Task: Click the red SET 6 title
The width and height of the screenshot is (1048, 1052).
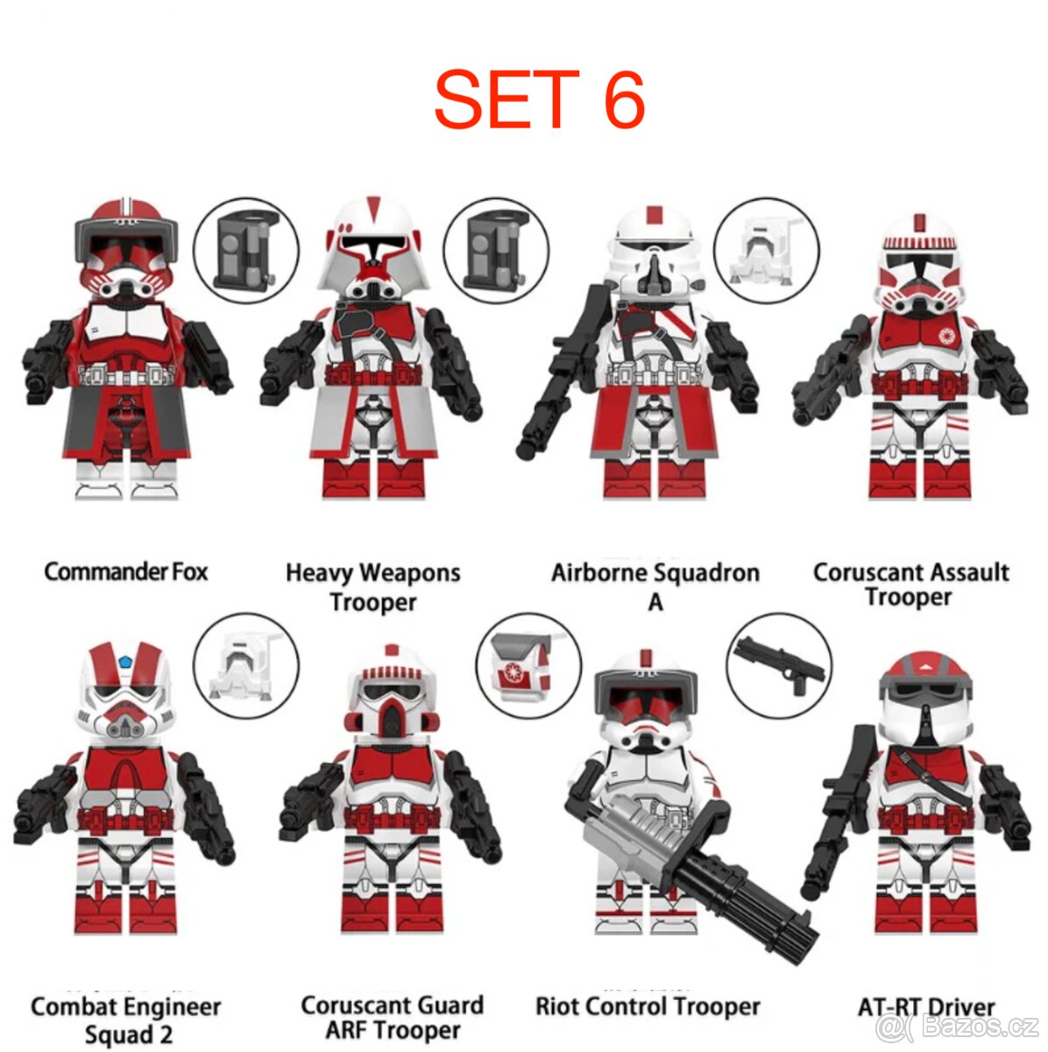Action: (539, 99)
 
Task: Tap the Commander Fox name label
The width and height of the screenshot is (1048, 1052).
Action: (126, 572)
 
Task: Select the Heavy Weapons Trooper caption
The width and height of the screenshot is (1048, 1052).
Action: (373, 587)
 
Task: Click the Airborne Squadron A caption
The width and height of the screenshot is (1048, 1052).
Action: (655, 586)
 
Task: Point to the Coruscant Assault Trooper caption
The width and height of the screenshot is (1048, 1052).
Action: (910, 585)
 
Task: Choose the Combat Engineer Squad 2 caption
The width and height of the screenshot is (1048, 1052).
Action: (126, 1020)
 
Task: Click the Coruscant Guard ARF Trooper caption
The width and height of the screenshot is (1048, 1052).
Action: (392, 1017)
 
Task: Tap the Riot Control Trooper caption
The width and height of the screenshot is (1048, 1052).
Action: (648, 1006)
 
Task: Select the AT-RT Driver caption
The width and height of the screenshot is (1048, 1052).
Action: (926, 1007)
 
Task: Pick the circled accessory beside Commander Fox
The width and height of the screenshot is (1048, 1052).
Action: (245, 250)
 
